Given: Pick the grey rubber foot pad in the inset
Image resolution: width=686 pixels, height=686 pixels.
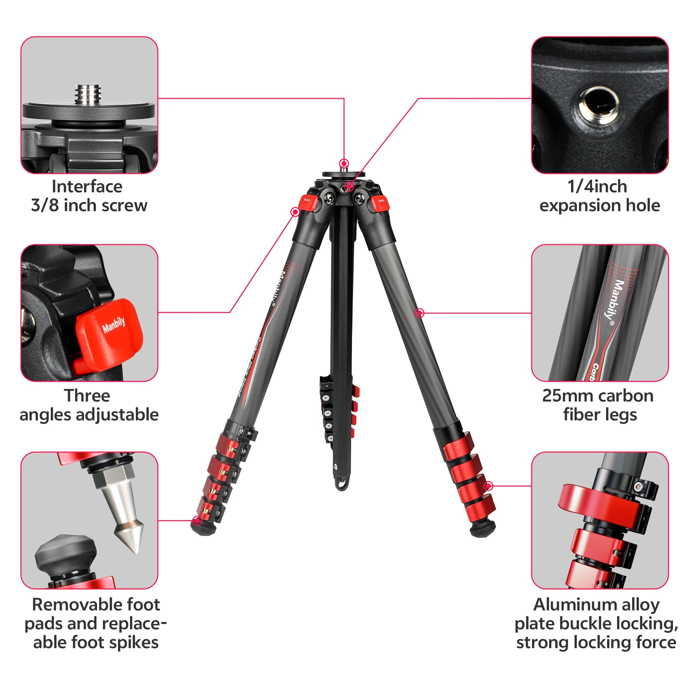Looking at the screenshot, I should click(x=66, y=554).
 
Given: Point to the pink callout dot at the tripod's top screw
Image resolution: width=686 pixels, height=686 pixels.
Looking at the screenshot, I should click(x=344, y=164).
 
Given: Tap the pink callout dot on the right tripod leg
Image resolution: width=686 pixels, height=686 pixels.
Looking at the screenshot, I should click(x=420, y=313).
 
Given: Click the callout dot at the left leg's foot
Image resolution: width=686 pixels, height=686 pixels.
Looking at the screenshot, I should click(x=197, y=521).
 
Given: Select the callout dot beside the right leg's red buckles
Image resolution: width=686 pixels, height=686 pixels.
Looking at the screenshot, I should click(x=488, y=486).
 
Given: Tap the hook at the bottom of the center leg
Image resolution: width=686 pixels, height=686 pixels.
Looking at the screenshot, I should click(x=342, y=484).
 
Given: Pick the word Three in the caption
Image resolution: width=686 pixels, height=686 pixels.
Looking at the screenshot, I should click(x=87, y=395).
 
